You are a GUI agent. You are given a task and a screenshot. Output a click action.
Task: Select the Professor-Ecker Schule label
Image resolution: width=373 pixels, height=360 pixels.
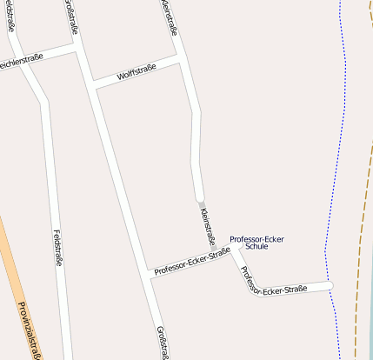click(x=256, y=243)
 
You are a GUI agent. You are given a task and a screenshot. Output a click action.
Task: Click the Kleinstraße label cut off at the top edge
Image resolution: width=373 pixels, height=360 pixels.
click(x=170, y=17)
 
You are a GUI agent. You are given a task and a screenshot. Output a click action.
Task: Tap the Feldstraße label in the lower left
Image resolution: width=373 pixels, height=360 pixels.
click(x=57, y=248)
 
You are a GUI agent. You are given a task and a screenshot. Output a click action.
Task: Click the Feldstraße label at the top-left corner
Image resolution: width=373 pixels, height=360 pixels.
click(x=10, y=15)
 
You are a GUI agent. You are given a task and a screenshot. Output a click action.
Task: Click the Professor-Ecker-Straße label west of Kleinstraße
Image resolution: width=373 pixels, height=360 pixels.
click(x=191, y=261)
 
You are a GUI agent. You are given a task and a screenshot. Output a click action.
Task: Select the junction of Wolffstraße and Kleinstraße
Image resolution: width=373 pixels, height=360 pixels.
click(x=184, y=58)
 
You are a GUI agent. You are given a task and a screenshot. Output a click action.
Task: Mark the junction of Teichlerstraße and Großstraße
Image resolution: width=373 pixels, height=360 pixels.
click(x=77, y=48)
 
